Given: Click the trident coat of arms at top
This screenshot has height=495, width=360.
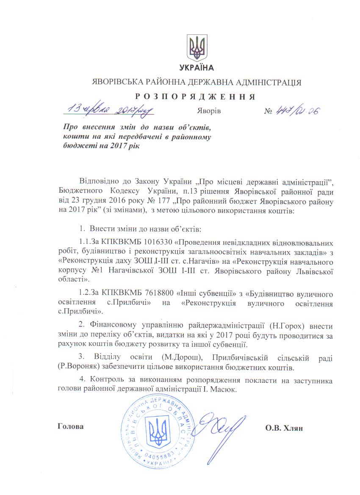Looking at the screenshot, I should [197, 47].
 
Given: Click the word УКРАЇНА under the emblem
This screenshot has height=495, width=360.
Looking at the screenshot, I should [197, 68].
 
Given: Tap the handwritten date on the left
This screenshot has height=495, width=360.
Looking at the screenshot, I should [108, 111].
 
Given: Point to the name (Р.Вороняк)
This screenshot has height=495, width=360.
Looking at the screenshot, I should [75, 363].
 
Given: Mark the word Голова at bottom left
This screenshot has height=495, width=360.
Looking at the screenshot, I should [70, 426].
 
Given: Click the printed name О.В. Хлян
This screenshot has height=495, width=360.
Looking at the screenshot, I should [284, 427].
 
